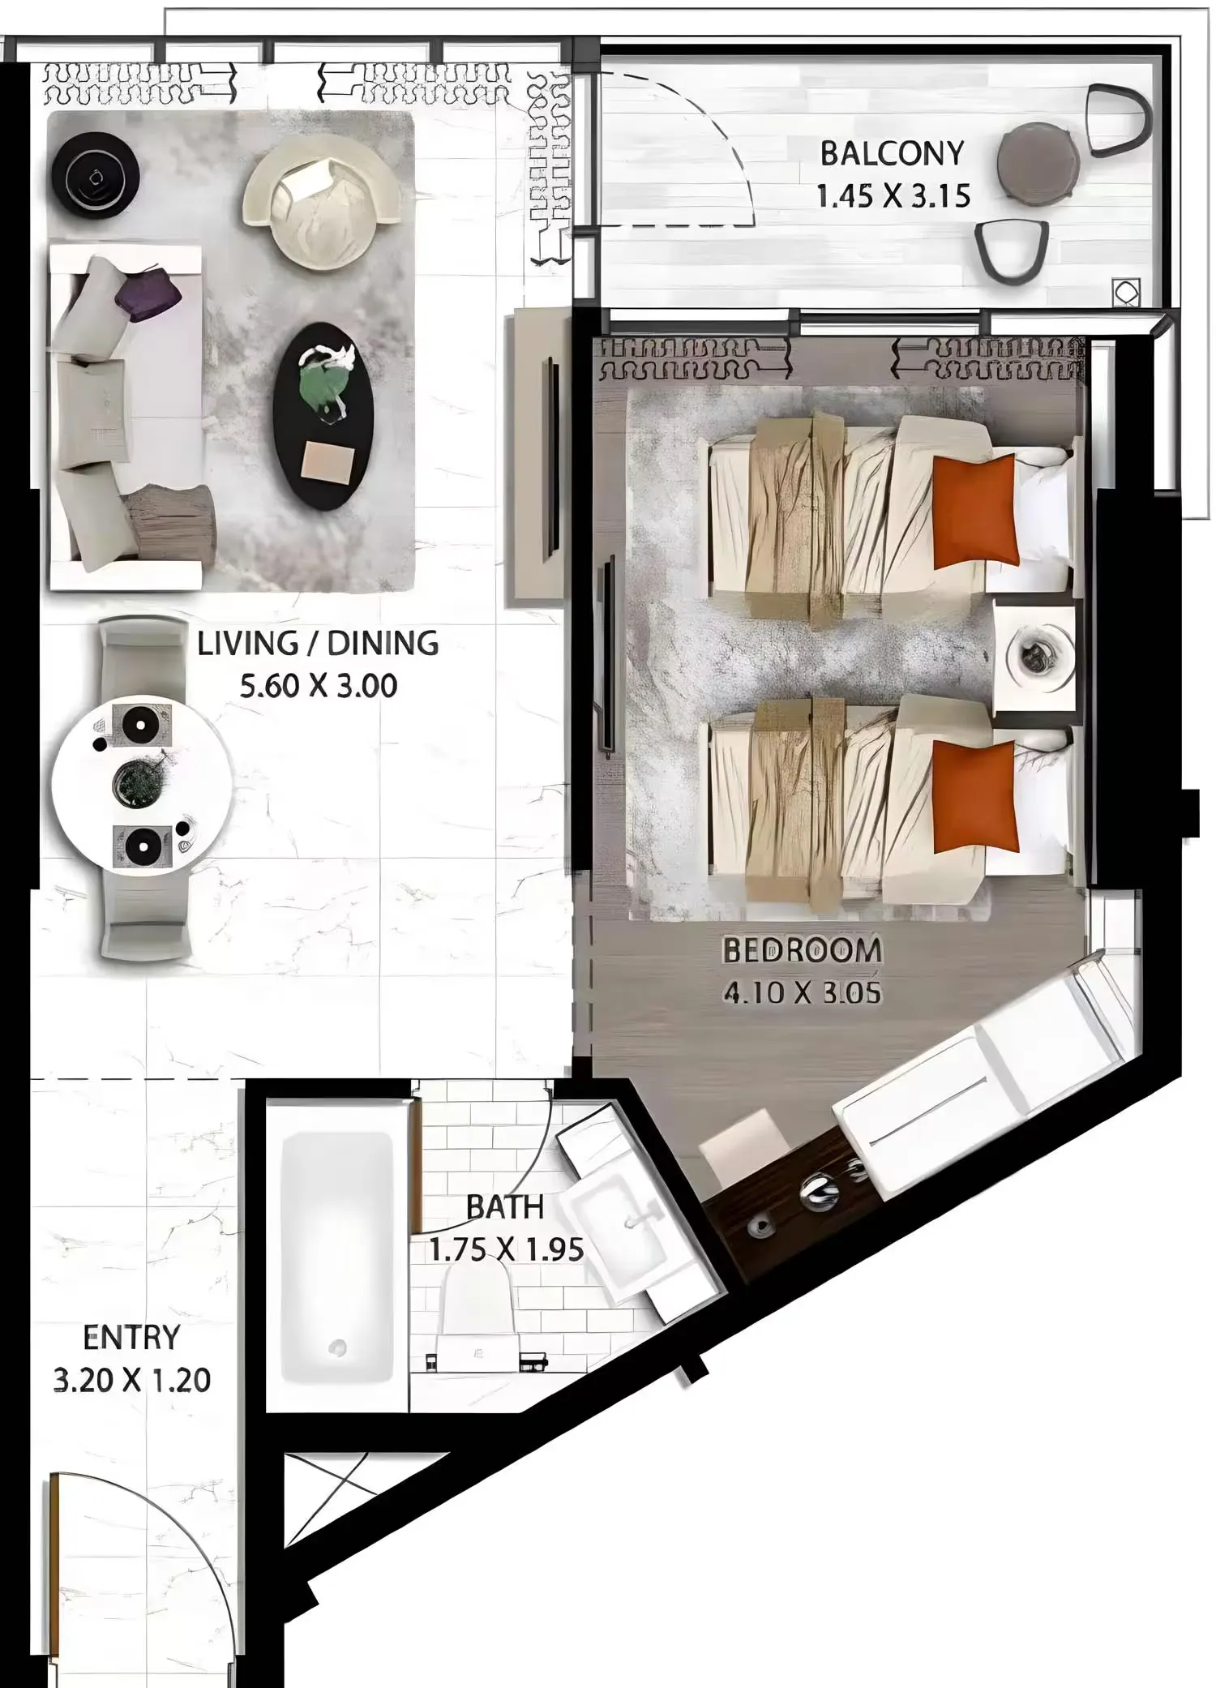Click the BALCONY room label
pos(892,153)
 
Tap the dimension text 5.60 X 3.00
pos(319,686)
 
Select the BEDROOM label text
pos(802,950)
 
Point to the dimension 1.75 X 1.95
pos(506,1249)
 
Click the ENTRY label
pos(131,1337)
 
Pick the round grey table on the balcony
pos(1038,161)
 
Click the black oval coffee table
pos(323,416)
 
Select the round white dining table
pos(142,784)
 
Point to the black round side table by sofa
pos(96,175)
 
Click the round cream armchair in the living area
pos(323,201)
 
